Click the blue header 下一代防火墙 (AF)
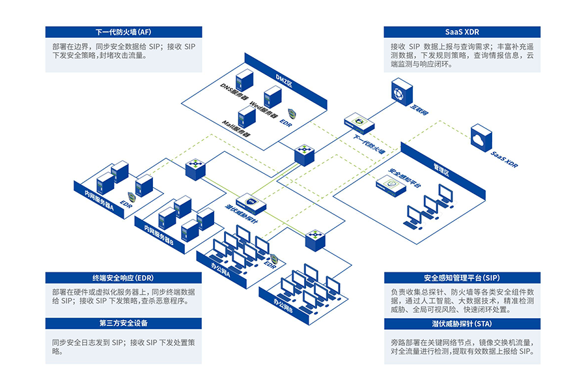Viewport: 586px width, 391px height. (124, 32)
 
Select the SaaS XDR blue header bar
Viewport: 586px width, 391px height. (462, 32)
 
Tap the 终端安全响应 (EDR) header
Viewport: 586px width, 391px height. (124, 277)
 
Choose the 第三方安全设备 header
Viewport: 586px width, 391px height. (124, 323)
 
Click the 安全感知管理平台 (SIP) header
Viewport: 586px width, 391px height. (462, 277)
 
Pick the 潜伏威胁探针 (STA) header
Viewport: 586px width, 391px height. (462, 323)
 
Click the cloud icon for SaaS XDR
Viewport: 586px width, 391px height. (481, 136)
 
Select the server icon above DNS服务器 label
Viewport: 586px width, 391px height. (244, 80)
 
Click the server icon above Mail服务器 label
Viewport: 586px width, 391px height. (245, 117)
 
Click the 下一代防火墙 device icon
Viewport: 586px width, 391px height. (359, 121)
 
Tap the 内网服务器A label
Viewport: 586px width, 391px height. (94, 199)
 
